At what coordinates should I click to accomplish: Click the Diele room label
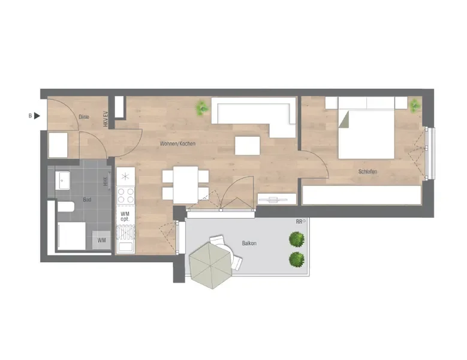click(84, 117)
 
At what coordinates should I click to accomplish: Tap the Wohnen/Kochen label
click(177, 143)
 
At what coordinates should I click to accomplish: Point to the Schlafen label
click(367, 172)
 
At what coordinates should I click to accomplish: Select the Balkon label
click(249, 243)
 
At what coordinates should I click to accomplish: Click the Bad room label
click(87, 199)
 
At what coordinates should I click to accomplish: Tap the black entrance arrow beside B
click(37, 116)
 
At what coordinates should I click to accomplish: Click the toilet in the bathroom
click(65, 206)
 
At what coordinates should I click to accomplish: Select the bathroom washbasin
click(62, 180)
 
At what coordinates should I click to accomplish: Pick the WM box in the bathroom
click(101, 240)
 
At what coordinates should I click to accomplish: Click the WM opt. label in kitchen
click(125, 216)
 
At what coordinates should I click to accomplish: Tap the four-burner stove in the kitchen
click(125, 196)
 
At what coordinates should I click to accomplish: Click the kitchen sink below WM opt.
click(125, 240)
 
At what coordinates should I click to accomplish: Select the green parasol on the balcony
click(211, 265)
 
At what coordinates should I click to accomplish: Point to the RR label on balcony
click(299, 222)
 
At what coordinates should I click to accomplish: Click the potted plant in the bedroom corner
click(414, 106)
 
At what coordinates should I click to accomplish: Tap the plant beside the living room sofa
click(203, 107)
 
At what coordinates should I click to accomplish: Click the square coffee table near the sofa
click(247, 145)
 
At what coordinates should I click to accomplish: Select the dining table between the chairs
click(186, 185)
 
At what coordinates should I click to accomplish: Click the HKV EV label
click(106, 119)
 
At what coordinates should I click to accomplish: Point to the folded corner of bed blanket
click(344, 119)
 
